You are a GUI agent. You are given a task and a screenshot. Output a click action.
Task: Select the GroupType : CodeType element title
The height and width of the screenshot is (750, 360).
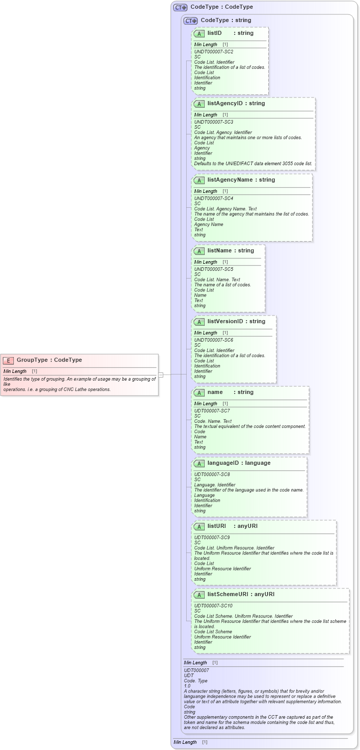49,360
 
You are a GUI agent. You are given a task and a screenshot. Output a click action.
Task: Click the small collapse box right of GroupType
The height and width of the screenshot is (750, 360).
161,375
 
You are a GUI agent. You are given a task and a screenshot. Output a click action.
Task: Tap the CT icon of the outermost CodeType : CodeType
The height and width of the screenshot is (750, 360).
180,8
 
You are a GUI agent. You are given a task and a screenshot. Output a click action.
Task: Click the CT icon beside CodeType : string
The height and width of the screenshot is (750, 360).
191,21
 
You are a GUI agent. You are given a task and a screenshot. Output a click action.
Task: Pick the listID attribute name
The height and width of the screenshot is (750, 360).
214,33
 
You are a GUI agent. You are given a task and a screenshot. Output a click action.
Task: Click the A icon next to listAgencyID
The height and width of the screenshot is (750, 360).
199,104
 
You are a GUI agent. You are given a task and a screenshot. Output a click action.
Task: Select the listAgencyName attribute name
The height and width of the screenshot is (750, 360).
230,180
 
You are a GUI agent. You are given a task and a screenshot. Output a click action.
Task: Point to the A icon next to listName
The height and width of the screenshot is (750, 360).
199,251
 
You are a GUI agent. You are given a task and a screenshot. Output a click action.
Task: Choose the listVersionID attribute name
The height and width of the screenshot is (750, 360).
226,322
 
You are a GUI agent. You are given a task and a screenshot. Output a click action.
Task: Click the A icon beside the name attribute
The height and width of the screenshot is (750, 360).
199,393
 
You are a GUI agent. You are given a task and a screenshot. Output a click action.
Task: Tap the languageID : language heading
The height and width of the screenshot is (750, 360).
238,463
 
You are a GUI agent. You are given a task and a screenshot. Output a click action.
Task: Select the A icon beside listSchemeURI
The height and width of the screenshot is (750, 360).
199,595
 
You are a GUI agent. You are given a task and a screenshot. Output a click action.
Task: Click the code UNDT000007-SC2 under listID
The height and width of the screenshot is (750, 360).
213,52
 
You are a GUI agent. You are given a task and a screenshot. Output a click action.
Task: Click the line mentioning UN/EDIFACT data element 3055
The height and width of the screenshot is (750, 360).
253,164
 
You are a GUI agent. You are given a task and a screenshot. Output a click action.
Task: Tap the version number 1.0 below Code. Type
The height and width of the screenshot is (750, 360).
187,686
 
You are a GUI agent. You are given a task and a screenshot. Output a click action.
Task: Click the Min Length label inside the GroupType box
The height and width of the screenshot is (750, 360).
15,371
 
